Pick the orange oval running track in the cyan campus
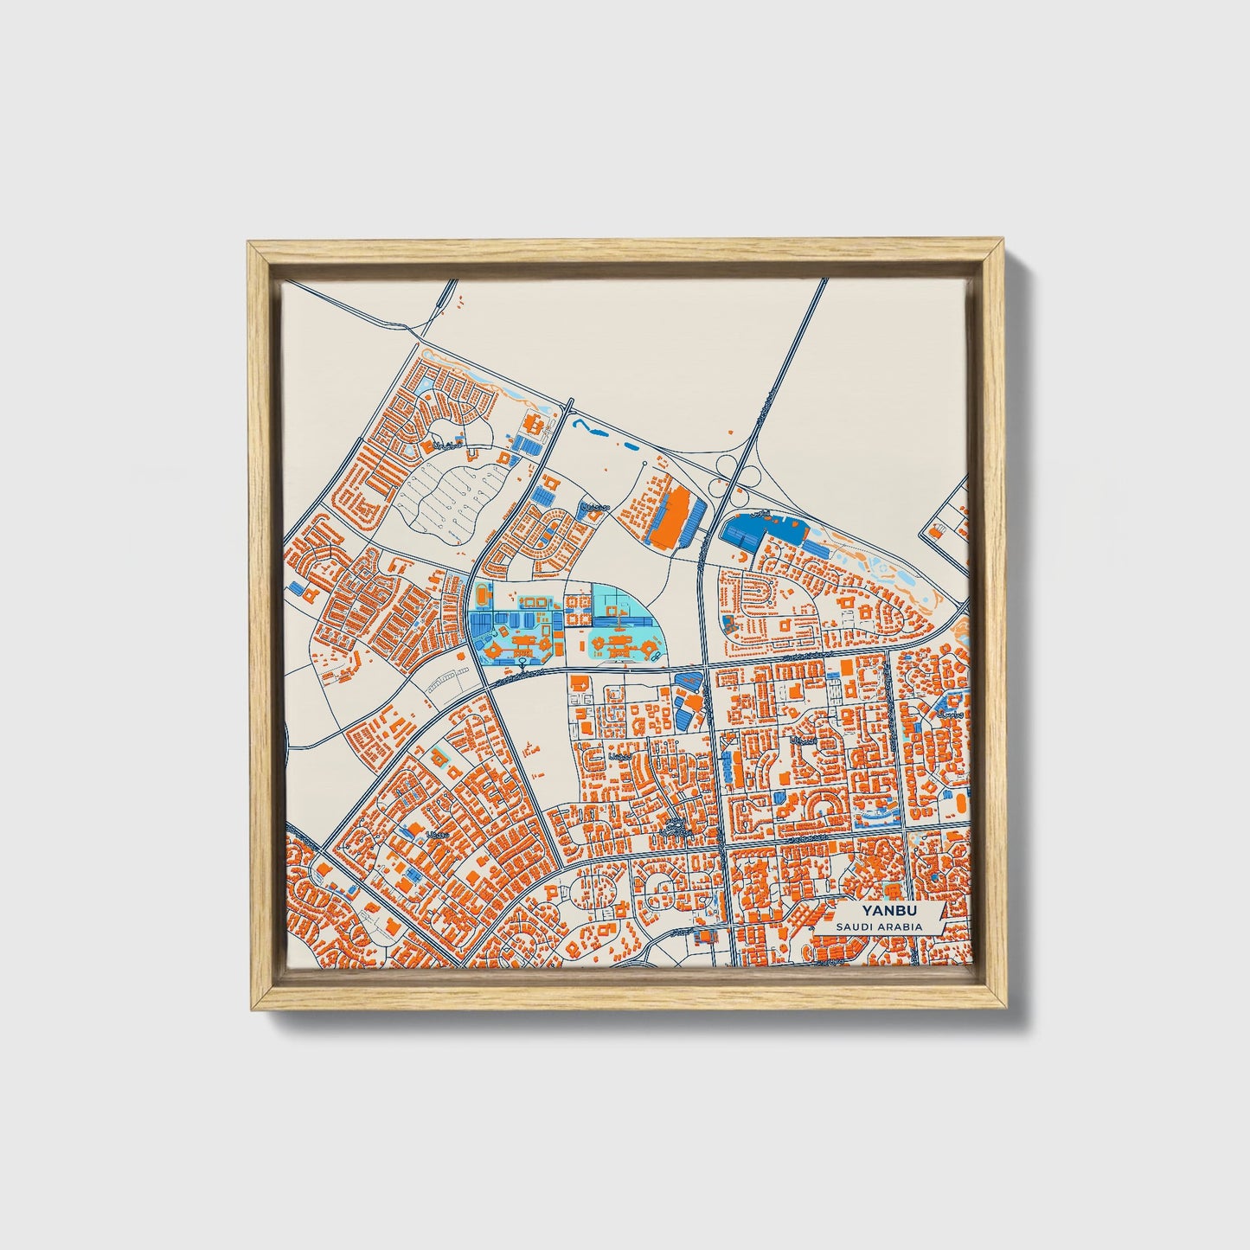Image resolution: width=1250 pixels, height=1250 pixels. (480, 594)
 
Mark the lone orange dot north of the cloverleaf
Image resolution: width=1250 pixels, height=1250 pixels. (731, 430)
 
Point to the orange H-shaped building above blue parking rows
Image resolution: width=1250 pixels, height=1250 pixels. (533, 424)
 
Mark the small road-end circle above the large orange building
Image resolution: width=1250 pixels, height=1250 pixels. (645, 465)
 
